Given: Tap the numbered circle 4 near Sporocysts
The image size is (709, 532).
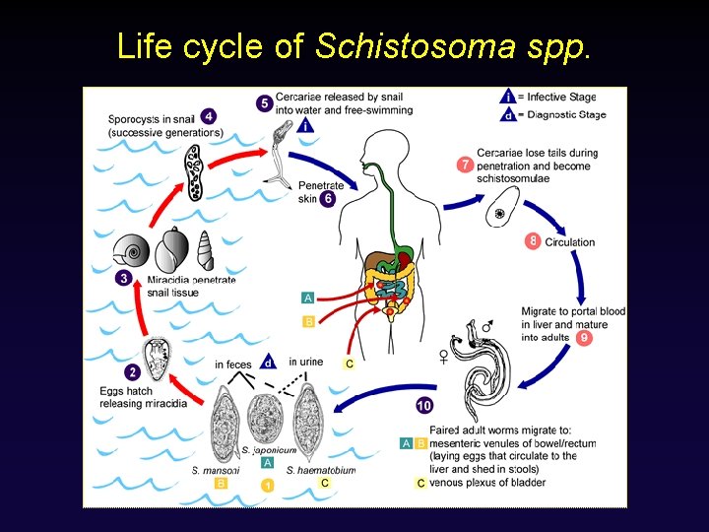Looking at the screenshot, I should [209, 116].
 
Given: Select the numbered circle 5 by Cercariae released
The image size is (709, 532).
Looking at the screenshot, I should [263, 102].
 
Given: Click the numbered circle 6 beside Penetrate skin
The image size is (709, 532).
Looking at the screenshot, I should [328, 198].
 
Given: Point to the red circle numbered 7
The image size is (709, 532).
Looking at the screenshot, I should [465, 165].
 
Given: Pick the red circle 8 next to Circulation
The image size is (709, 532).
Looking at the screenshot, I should [533, 240].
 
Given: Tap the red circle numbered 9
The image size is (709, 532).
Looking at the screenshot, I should [585, 337].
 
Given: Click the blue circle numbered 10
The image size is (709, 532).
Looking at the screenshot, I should [423, 405].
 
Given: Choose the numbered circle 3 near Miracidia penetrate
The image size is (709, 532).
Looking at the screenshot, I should [123, 278].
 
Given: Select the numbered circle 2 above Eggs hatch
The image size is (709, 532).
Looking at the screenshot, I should [132, 372].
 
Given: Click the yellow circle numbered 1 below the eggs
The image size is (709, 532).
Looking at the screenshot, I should [267, 485].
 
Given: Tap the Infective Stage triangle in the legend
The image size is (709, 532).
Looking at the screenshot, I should [507, 97].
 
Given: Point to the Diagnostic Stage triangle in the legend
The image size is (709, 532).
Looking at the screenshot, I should [507, 114].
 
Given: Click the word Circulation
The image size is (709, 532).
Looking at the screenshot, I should [570, 241].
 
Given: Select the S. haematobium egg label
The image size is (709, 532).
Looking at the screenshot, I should [320, 470].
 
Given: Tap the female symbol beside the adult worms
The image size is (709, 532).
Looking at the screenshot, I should [444, 358].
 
